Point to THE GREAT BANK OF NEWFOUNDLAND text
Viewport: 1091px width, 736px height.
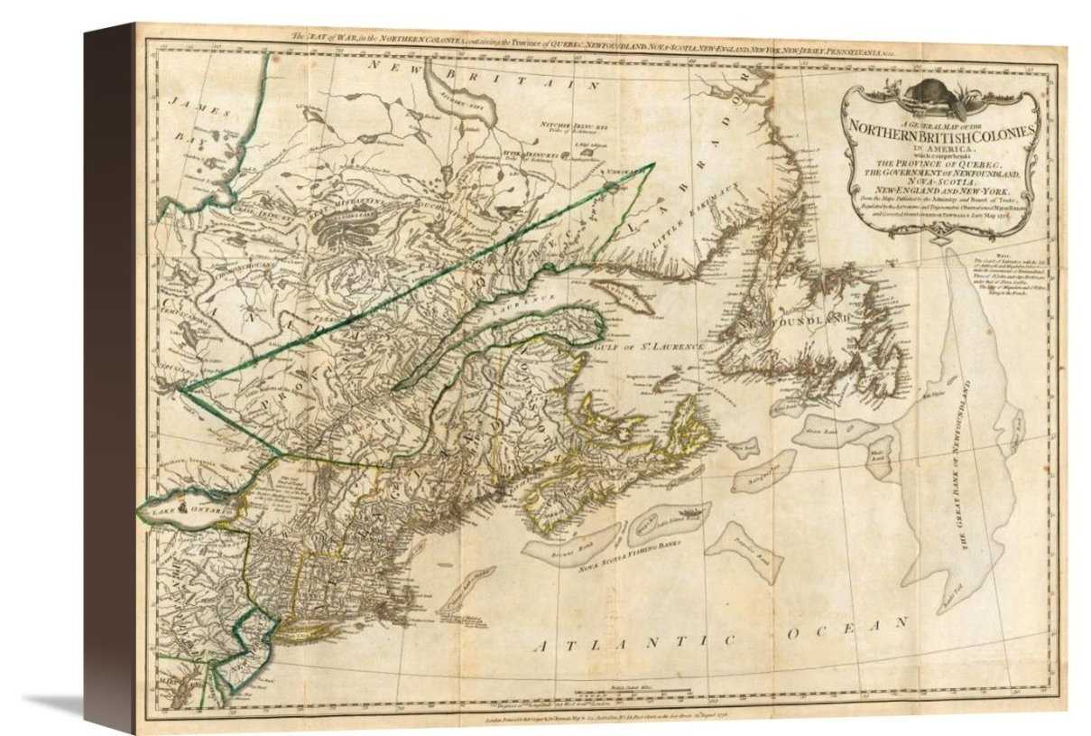[969, 465]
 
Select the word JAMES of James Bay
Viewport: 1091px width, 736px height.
[187, 106]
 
